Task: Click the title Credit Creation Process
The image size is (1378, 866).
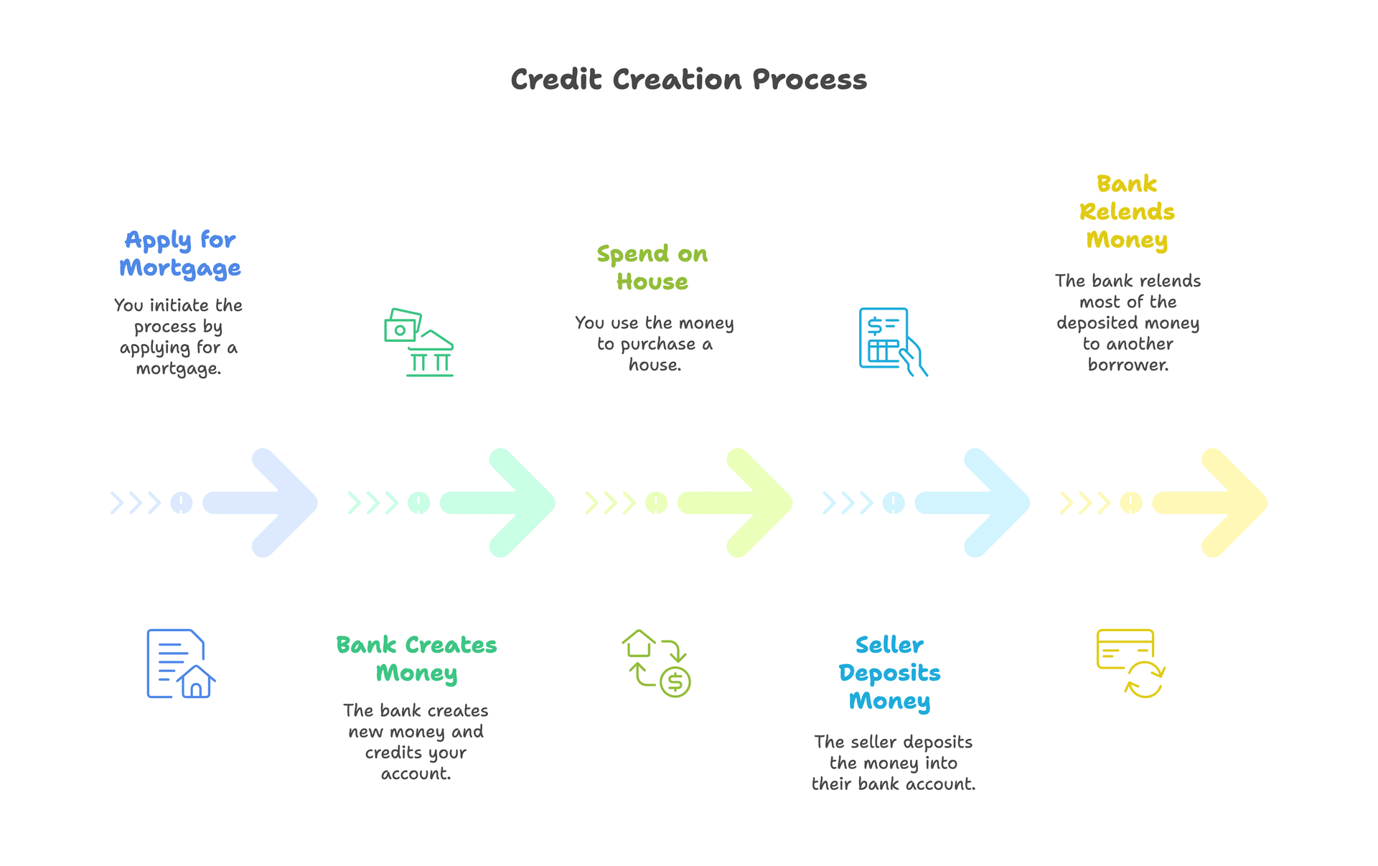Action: [x=688, y=80]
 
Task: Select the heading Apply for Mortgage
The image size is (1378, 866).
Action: [x=180, y=253]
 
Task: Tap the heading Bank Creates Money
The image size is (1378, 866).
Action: [x=416, y=658]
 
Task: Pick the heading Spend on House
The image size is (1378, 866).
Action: [x=652, y=268]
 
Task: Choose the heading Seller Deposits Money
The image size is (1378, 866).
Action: [x=889, y=673]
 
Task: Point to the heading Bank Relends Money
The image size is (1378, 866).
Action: [x=1127, y=212]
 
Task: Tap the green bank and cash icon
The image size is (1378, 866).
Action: [x=419, y=343]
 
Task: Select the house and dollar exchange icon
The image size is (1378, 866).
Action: [x=656, y=664]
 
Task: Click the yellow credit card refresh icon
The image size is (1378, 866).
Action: [x=1130, y=664]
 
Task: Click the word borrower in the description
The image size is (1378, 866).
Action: [x=1128, y=365]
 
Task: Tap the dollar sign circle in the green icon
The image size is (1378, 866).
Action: [x=675, y=681]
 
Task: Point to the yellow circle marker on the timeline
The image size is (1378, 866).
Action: [x=1131, y=503]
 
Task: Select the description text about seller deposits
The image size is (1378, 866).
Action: [x=894, y=763]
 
